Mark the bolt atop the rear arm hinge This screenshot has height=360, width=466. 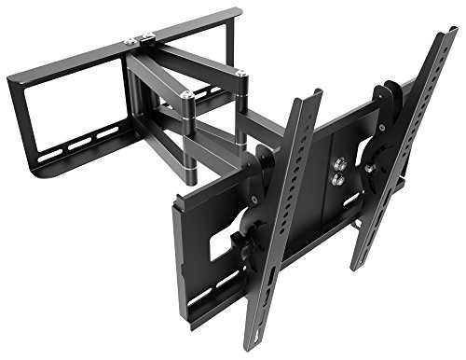(240, 72)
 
